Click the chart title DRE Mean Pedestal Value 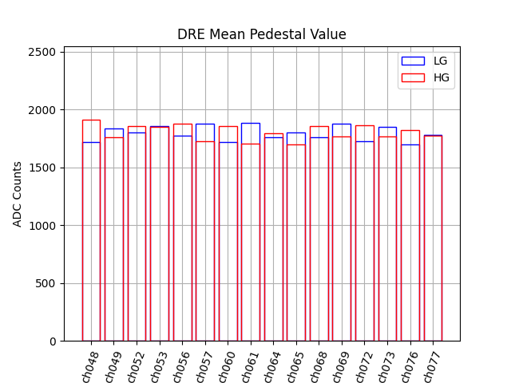tap(262, 34)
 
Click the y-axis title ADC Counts tap(18, 194)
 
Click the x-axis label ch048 tap(89, 366)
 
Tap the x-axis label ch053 tap(158, 366)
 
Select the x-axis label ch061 tap(249, 366)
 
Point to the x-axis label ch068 tap(318, 366)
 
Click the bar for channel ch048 tap(91, 239)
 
